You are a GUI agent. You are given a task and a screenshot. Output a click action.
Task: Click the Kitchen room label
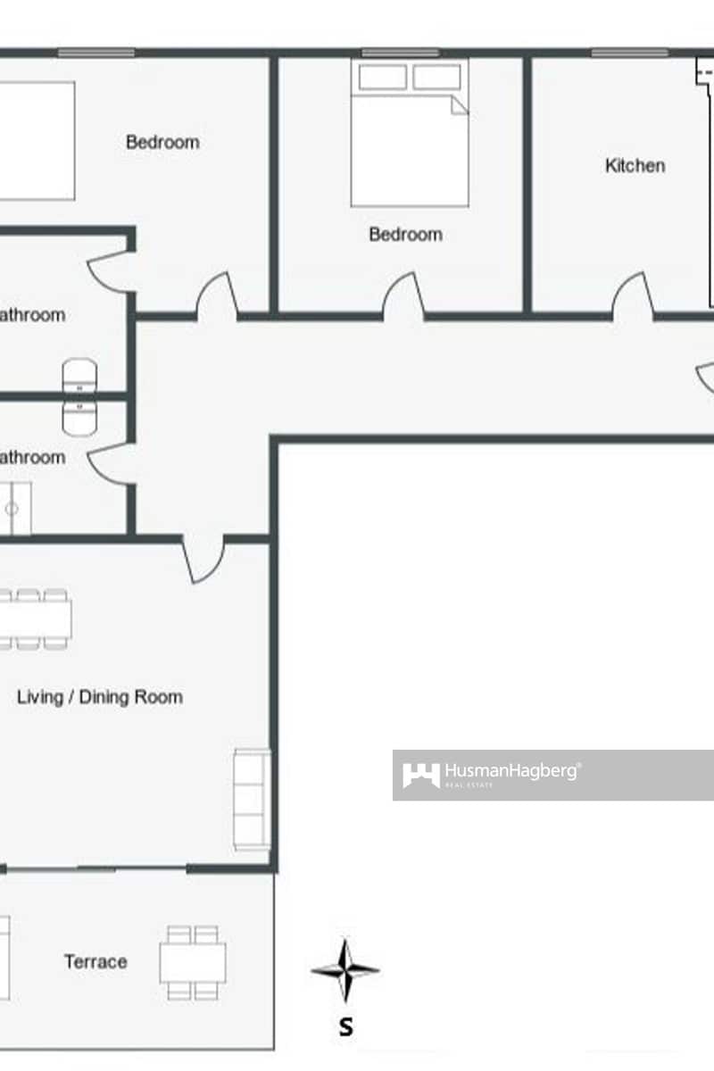click(635, 165)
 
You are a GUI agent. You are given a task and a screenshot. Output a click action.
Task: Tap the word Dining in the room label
click(105, 697)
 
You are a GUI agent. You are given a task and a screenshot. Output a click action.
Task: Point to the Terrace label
click(95, 961)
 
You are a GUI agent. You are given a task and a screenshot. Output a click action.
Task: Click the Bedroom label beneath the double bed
click(405, 234)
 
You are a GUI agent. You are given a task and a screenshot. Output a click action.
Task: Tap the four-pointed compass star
click(345, 970)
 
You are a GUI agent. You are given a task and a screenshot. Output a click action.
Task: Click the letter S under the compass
click(345, 1027)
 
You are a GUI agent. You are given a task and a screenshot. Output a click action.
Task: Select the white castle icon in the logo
click(420, 775)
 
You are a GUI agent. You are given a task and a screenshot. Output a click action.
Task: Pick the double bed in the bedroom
click(409, 134)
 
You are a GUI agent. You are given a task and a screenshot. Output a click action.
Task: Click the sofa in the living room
click(252, 799)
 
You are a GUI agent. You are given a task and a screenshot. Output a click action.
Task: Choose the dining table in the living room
click(36, 619)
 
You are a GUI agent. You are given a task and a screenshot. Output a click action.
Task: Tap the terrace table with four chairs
click(193, 962)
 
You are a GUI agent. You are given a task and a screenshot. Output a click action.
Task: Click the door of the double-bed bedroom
click(404, 297)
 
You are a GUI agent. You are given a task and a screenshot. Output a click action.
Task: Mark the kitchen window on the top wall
click(629, 53)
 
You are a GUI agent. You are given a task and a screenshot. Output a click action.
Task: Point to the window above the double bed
click(400, 53)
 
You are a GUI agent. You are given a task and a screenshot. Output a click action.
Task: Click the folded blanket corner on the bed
click(459, 105)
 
